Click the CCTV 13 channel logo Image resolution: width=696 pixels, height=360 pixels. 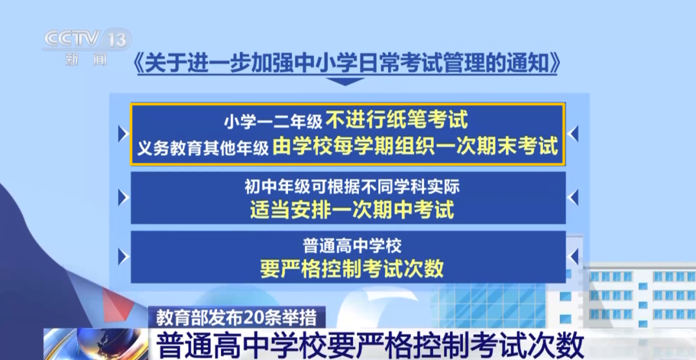[x=86, y=39]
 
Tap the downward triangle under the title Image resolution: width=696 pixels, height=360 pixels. [x=345, y=82]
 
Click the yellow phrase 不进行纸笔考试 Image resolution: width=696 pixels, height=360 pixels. [x=397, y=119]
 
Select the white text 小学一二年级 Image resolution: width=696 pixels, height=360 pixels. [x=273, y=121]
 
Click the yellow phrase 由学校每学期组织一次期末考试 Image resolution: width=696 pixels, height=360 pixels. [x=415, y=146]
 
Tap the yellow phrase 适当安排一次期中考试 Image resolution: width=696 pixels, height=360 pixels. [x=352, y=209]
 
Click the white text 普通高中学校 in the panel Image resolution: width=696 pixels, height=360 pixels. [x=352, y=245]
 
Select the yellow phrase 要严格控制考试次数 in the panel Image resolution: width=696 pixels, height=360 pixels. [x=352, y=268]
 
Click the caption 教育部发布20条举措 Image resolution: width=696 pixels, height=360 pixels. [x=237, y=318]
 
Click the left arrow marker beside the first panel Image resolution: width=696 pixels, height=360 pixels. [x=123, y=133]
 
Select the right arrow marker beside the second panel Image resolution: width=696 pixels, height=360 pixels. [x=573, y=198]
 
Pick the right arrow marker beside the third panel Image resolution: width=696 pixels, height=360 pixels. [x=573, y=257]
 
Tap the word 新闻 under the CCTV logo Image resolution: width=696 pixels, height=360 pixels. [x=86, y=59]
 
